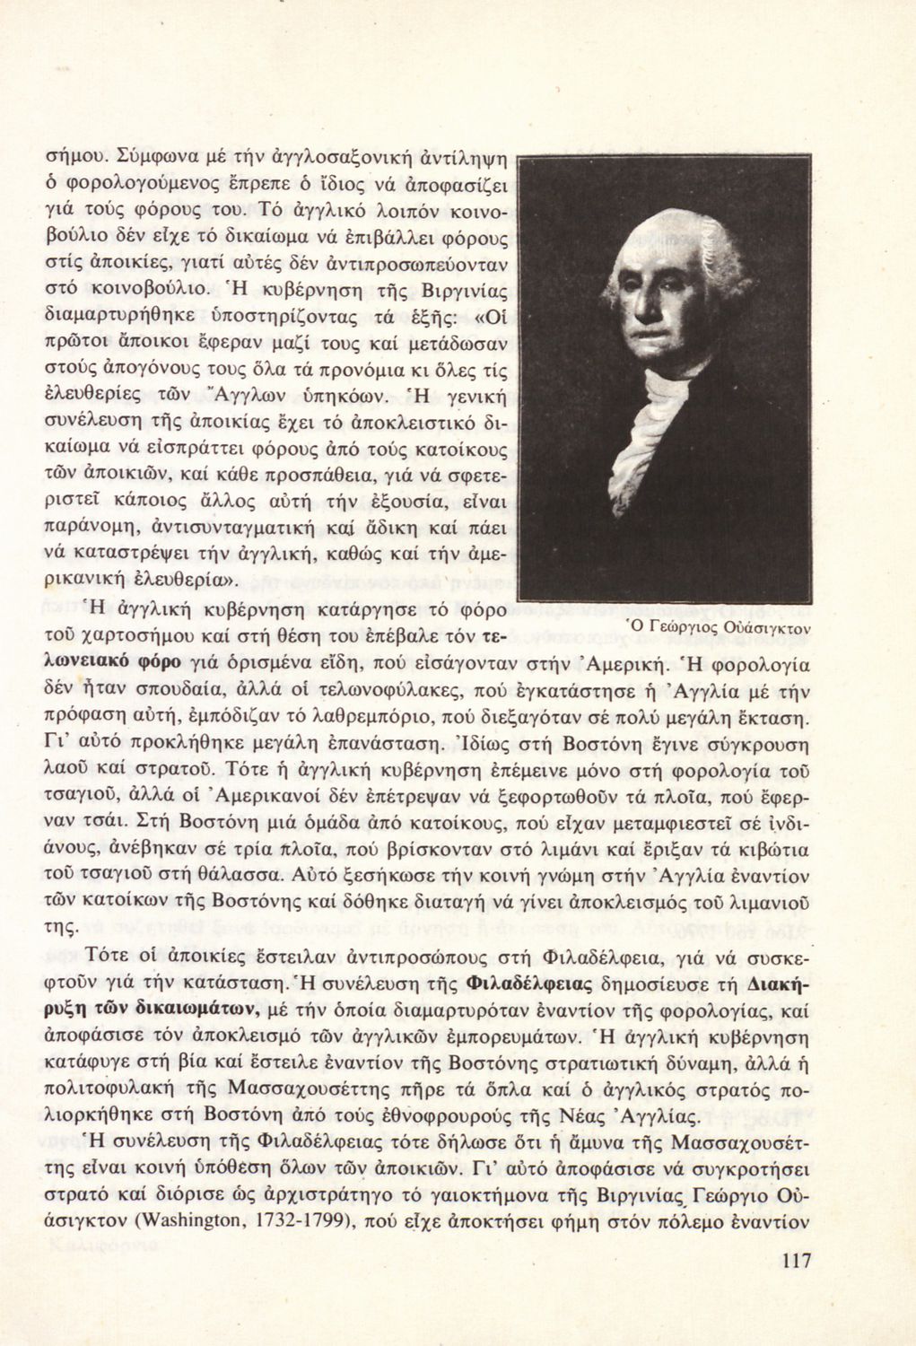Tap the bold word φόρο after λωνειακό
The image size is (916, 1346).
(163, 663)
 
